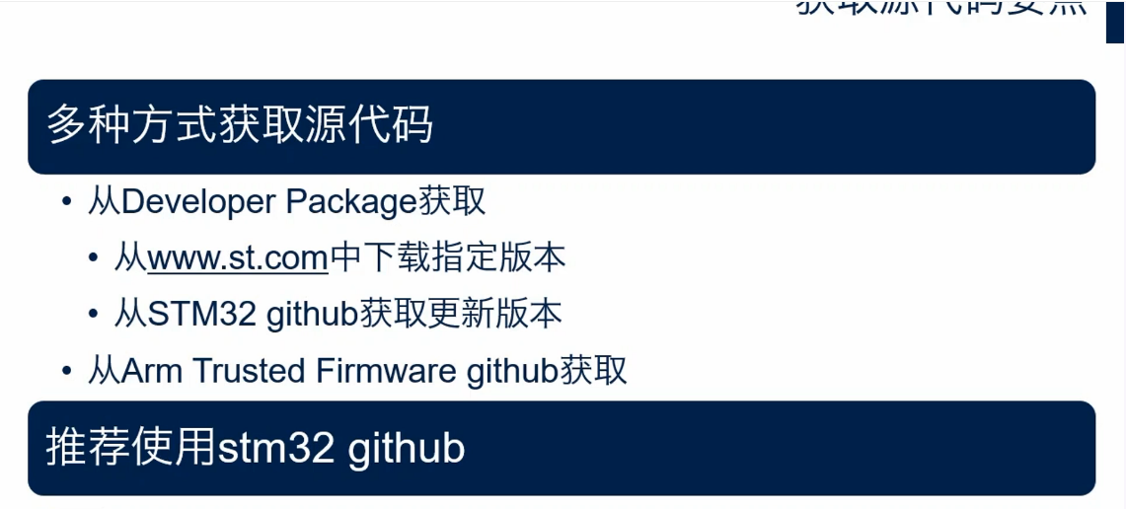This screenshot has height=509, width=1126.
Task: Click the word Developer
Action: pos(198,202)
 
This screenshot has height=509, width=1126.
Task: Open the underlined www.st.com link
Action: pos(238,258)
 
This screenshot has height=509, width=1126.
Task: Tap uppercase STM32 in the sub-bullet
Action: pos(203,315)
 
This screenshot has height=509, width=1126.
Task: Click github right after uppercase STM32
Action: pos(311,315)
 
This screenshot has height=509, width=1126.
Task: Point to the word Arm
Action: pos(152,371)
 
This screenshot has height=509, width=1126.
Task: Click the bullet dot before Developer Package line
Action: pos(67,203)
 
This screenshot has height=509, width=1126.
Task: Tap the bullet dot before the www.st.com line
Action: pos(94,259)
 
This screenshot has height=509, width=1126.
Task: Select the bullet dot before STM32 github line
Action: pos(94,316)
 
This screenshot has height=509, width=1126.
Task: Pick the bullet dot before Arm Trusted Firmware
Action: pos(67,372)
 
